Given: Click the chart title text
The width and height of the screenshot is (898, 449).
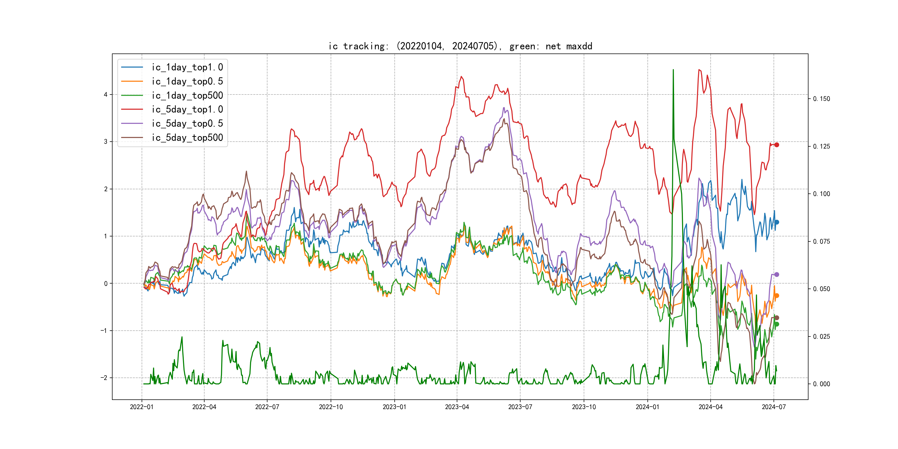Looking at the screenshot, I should click(460, 46).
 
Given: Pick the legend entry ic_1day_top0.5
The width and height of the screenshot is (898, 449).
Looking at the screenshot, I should click(187, 81).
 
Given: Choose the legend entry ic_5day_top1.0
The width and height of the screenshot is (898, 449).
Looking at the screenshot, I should click(187, 109).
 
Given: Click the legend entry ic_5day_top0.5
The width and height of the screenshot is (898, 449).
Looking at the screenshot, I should click(187, 123).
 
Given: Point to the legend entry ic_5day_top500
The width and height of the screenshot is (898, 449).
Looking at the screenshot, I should click(187, 138).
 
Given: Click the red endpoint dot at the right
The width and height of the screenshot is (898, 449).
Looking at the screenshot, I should click(776, 145).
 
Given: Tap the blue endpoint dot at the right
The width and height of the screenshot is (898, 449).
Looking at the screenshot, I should click(776, 222).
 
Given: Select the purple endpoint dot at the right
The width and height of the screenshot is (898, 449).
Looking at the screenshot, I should click(776, 274).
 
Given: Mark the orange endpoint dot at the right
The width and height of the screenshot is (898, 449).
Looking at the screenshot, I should click(776, 296).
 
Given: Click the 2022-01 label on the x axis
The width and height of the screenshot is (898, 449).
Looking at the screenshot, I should click(142, 407).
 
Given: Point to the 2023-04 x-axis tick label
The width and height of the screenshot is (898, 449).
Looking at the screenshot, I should click(457, 407).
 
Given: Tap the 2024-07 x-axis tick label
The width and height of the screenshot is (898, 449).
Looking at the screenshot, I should click(774, 407).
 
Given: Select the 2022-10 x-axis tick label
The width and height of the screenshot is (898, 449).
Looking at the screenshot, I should click(330, 407).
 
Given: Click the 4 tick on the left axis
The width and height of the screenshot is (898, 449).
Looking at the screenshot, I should click(106, 95).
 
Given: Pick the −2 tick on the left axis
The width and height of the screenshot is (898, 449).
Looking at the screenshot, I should click(104, 378).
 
